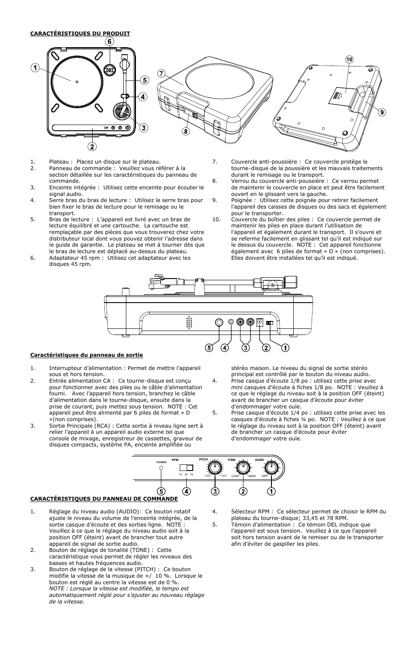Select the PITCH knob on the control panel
pos(214,467)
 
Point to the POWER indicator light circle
pos(161,468)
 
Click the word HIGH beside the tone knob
pos(252,476)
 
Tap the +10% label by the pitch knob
pos(222,476)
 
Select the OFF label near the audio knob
pos(264,476)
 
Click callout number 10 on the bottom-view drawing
pos(349,59)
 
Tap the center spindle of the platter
pos(77,81)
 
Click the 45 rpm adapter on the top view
pos(110,70)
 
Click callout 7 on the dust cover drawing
pos(161,73)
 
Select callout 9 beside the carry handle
pos(382,112)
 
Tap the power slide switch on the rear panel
pos(270,323)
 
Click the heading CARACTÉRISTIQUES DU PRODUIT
pos(80,33)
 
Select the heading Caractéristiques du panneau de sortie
pos(86,355)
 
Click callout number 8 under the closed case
pos(185,131)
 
